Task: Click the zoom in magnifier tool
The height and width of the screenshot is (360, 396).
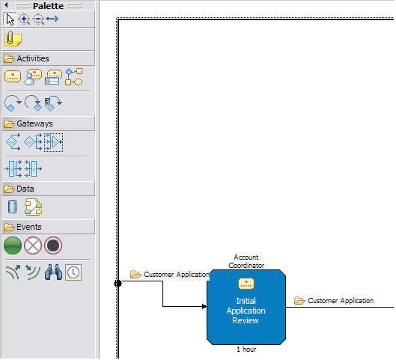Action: pyautogui.click(x=24, y=19)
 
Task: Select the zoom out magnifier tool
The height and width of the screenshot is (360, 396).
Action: pyautogui.click(x=39, y=19)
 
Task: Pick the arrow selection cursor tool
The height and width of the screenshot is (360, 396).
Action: pyautogui.click(x=10, y=19)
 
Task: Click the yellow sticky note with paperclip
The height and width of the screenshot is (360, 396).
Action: pyautogui.click(x=13, y=39)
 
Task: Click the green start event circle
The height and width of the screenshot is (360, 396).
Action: pyautogui.click(x=13, y=245)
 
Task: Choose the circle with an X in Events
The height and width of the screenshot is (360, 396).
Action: pyautogui.click(x=33, y=245)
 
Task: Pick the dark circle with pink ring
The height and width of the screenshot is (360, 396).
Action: pyautogui.click(x=53, y=245)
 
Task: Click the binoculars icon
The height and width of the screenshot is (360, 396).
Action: pyautogui.click(x=53, y=272)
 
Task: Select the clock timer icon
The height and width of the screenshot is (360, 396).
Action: pyautogui.click(x=73, y=272)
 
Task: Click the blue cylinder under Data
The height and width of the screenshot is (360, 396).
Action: pyautogui.click(x=12, y=207)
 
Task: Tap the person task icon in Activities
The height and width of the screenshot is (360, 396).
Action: pyautogui.click(x=33, y=77)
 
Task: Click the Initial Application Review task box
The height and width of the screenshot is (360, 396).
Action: pyautogui.click(x=246, y=307)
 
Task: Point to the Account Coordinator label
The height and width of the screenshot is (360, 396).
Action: pyautogui.click(x=246, y=261)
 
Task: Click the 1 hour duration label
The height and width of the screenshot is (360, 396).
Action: pyautogui.click(x=246, y=350)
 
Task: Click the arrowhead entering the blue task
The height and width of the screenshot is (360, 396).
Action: pyautogui.click(x=204, y=306)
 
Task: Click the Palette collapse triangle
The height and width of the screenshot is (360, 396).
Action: pyautogui.click(x=6, y=4)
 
